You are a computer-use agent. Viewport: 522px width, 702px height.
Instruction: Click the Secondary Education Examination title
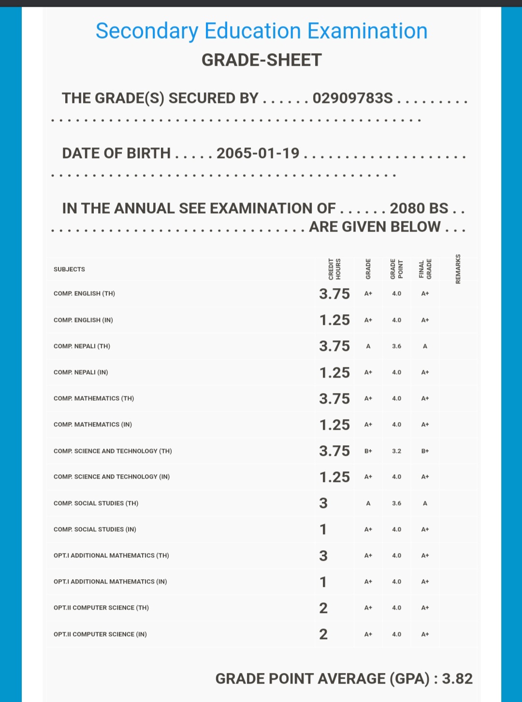(261, 31)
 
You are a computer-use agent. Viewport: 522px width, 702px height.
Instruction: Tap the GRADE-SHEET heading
(261, 60)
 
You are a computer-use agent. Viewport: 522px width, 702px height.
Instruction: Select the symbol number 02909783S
(353, 98)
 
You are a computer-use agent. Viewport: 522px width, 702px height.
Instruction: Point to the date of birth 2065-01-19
(258, 153)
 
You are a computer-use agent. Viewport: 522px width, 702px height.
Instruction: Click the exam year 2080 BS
(419, 208)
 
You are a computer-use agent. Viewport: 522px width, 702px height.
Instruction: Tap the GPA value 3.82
(457, 679)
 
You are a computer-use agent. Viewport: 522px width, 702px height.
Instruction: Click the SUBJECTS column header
(69, 269)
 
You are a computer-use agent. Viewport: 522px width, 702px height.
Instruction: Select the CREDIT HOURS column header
(334, 269)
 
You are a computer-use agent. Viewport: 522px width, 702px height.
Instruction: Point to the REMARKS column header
(458, 269)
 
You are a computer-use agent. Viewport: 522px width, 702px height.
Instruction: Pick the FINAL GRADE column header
(425, 269)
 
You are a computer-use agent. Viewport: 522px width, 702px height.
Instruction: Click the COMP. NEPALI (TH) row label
(82, 346)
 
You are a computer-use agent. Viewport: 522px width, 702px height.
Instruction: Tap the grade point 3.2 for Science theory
(396, 451)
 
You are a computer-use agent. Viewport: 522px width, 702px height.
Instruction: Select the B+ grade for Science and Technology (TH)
(368, 451)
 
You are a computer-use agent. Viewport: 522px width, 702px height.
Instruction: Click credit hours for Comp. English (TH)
(334, 294)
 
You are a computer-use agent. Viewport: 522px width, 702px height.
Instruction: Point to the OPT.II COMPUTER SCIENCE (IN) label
(100, 634)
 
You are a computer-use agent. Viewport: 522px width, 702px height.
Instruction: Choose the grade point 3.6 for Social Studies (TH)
(396, 503)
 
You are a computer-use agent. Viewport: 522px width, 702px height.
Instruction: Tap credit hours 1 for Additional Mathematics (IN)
(323, 582)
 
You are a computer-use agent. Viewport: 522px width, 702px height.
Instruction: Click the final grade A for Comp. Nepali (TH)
(425, 346)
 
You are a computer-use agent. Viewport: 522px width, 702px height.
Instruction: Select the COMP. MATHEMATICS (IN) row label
(93, 424)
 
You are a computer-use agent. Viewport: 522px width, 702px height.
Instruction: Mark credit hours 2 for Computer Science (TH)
(323, 608)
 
